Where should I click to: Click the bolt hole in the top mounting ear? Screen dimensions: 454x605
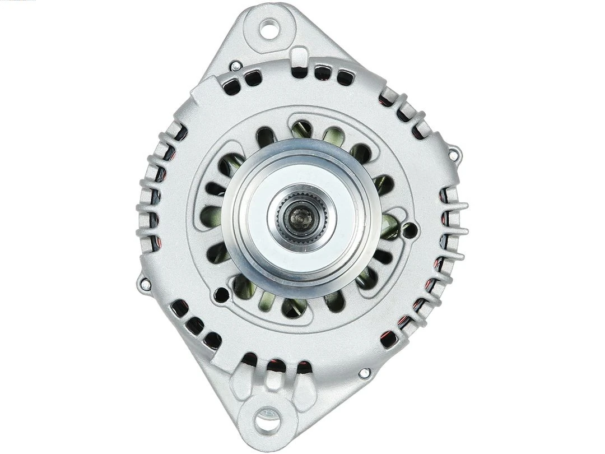click(x=269, y=29)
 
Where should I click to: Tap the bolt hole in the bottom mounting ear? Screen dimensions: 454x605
click(x=268, y=420)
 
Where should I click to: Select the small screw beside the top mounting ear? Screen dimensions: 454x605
click(x=236, y=66)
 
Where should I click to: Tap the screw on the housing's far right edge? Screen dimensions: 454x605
click(x=454, y=151)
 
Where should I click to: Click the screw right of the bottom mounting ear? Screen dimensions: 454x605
click(x=364, y=372)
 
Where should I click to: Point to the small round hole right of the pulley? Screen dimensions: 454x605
click(x=409, y=230)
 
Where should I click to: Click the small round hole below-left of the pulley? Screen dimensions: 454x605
click(x=221, y=294)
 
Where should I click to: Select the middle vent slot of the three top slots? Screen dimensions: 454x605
click(x=322, y=72)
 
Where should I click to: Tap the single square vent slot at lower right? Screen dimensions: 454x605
click(x=388, y=339)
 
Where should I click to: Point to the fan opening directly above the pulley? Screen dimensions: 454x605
click(x=302, y=130)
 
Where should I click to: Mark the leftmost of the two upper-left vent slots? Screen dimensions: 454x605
click(x=231, y=86)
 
